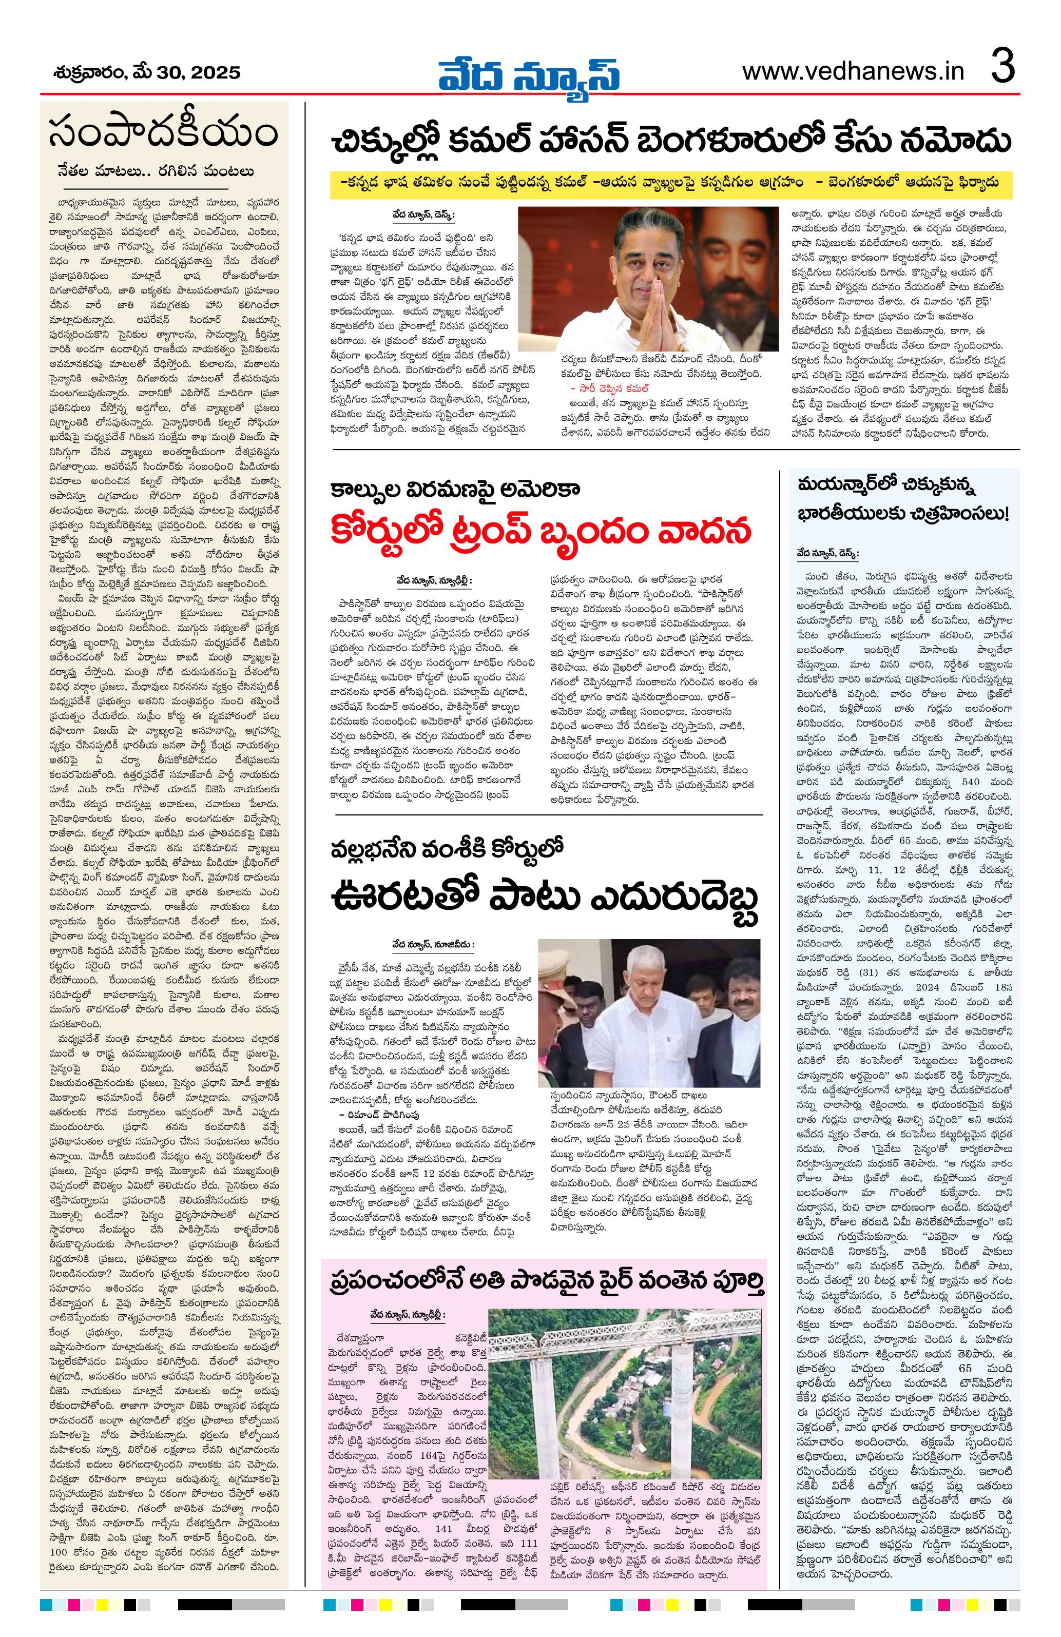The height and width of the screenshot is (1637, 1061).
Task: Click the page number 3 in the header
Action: tap(1002, 69)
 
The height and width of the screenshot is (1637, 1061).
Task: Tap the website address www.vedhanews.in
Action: tap(853, 71)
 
